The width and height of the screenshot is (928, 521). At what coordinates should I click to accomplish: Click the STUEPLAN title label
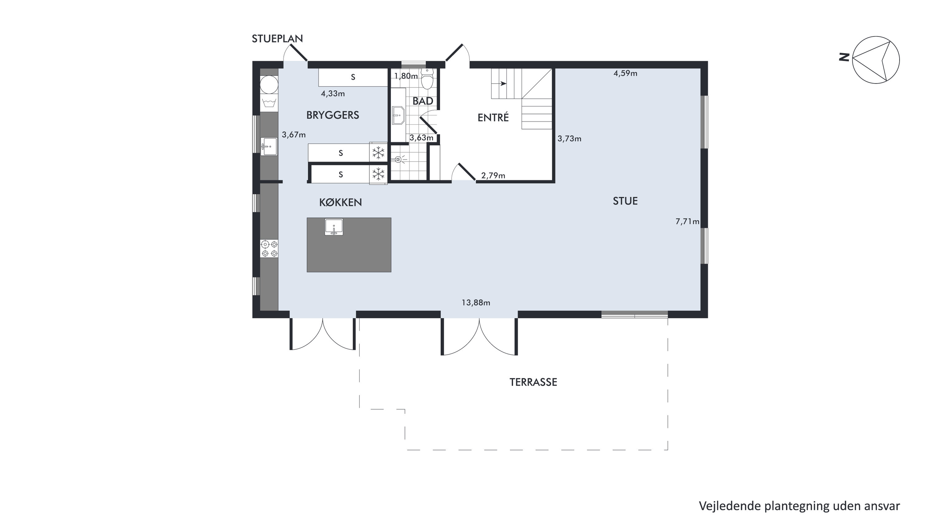coord(277,39)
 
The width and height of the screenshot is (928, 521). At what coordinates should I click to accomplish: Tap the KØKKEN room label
coord(340,203)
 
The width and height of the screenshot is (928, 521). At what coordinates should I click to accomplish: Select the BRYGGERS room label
coord(333,115)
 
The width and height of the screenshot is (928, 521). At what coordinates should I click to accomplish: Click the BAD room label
coord(423,101)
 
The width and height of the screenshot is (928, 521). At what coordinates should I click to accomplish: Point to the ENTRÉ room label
coord(493,118)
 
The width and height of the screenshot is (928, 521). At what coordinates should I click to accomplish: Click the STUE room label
coord(625,201)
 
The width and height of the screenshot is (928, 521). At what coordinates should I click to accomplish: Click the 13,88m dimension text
coord(476,303)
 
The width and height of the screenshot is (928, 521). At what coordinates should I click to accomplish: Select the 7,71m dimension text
coord(687,222)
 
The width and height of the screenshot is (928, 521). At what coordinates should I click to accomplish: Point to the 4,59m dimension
coord(625,74)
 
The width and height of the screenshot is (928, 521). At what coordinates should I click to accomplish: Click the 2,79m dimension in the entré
coord(493,176)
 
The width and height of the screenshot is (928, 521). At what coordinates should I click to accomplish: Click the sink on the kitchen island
coord(334,227)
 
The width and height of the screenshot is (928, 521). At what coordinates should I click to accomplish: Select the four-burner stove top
coord(270,249)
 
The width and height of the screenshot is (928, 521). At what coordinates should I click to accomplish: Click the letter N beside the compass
coord(844,57)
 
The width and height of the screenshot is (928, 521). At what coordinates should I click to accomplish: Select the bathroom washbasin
coord(398,115)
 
